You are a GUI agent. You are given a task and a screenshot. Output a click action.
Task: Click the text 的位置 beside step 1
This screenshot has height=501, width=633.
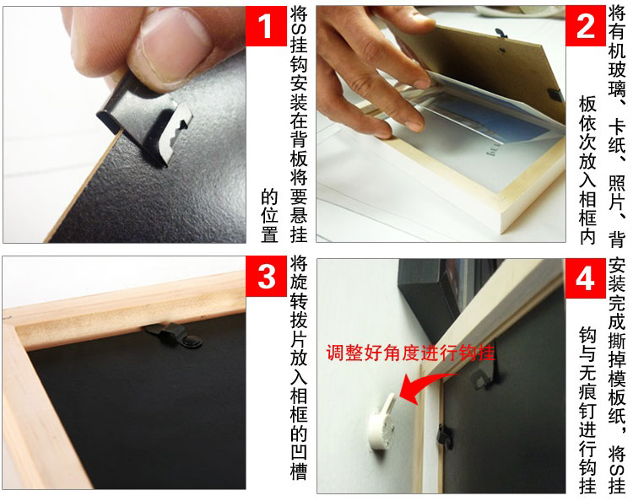pos(269,215)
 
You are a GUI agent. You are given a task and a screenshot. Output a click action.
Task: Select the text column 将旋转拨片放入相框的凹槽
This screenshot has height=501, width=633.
pos(297,371)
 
